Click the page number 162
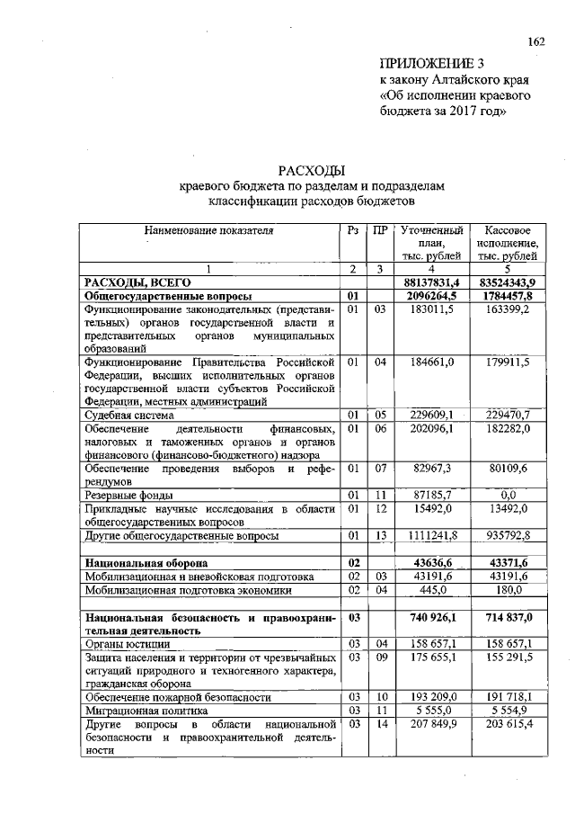point(537,41)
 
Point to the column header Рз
point(352,230)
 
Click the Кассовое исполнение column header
point(508,243)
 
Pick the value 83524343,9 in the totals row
point(508,282)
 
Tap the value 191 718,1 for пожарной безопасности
point(508,697)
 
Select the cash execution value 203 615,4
point(508,724)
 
